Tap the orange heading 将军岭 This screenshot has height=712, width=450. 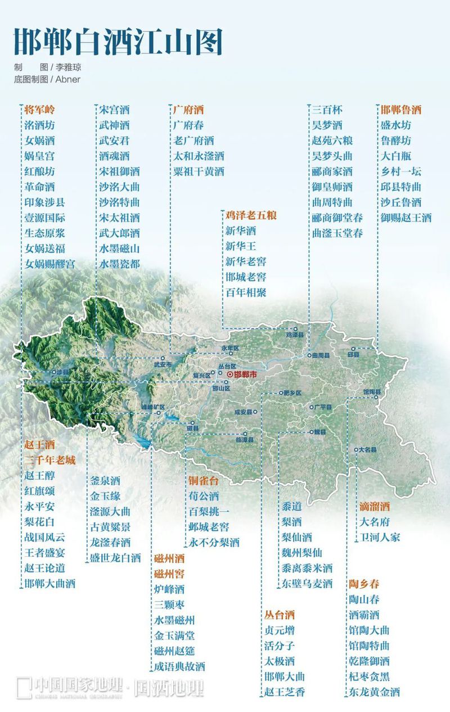click(x=39, y=110)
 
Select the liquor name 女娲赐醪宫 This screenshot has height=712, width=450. click(x=50, y=264)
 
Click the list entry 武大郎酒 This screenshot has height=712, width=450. click(x=119, y=233)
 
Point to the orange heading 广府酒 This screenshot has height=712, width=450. click(x=188, y=110)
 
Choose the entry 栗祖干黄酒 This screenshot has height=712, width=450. click(x=199, y=172)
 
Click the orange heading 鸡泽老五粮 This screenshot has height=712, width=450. click(x=251, y=215)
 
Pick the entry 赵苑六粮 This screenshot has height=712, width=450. click(x=332, y=141)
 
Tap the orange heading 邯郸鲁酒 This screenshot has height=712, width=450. click(x=401, y=110)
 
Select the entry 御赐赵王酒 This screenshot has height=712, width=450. click(x=406, y=218)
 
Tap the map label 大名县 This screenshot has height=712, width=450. click(x=368, y=450)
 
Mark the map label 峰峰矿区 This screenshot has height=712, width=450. click(x=153, y=407)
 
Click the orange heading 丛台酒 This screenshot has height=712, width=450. click(x=280, y=615)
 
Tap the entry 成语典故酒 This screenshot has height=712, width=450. click(x=180, y=667)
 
